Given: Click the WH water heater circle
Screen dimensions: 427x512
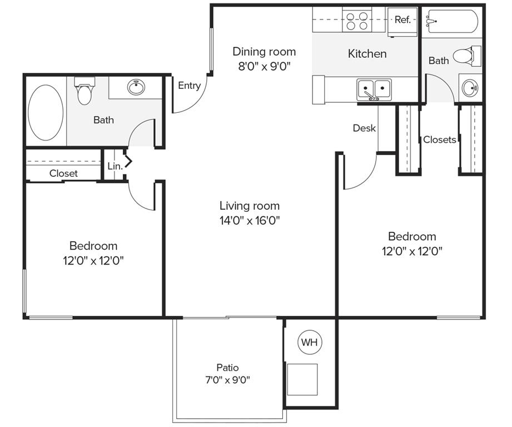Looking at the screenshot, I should click(x=310, y=342).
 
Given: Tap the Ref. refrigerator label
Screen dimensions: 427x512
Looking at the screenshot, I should click(x=402, y=19).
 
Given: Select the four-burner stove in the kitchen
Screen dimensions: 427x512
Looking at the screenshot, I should click(x=357, y=21).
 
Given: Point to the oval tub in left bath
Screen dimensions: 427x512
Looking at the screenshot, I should click(x=46, y=113).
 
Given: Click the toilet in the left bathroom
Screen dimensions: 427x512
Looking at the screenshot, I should click(x=84, y=92).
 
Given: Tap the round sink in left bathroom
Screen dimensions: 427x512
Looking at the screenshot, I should click(x=136, y=87).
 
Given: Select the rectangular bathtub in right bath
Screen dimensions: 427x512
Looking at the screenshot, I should click(x=451, y=22).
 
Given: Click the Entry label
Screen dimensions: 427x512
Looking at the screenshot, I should click(x=189, y=86).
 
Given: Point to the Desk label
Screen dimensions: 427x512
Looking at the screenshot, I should click(x=364, y=128).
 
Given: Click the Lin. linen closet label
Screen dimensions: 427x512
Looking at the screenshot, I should click(x=115, y=166).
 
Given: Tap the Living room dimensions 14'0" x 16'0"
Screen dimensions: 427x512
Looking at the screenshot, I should click(x=249, y=220).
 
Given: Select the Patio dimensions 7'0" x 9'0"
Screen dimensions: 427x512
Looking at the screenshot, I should click(x=227, y=381).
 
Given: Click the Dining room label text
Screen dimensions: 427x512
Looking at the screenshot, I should click(x=264, y=52).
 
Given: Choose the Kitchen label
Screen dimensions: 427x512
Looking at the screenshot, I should click(x=367, y=54).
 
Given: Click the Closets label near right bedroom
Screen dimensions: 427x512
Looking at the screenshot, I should click(x=439, y=140).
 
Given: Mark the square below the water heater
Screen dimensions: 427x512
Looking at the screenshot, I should click(x=302, y=379).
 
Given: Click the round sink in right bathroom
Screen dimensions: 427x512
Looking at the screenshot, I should click(x=470, y=87).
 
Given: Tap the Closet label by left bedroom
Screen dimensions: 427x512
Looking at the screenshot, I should click(x=63, y=173).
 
